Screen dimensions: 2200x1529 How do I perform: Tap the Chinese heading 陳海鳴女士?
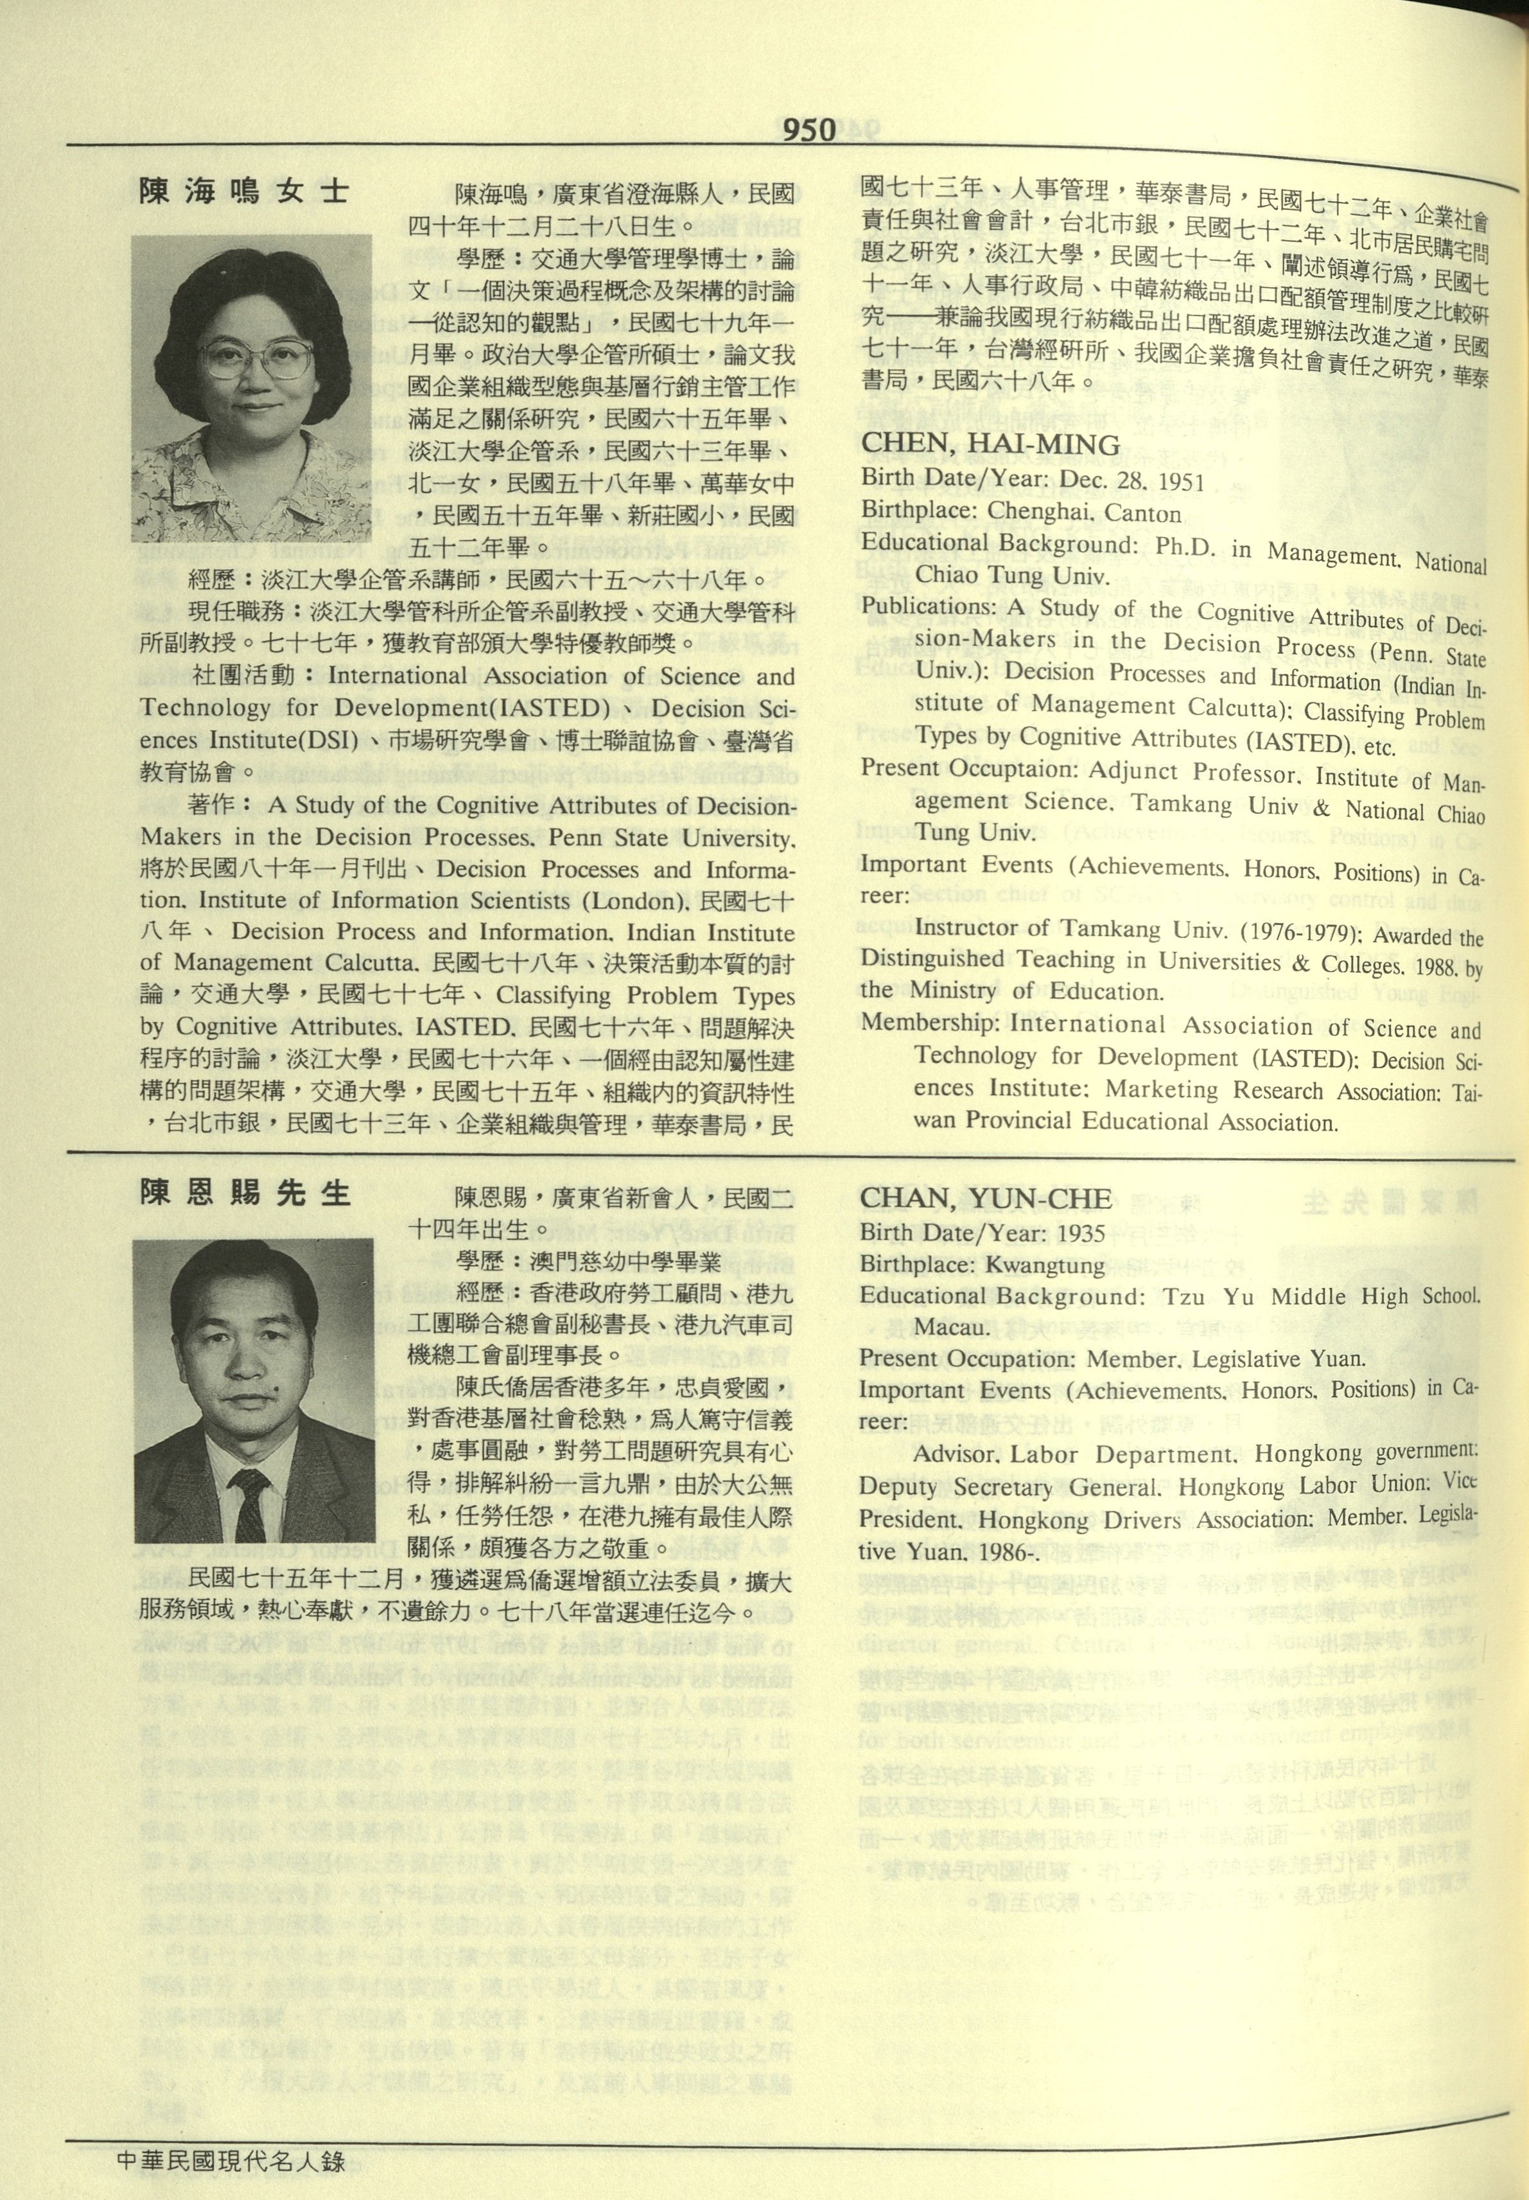(x=244, y=191)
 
